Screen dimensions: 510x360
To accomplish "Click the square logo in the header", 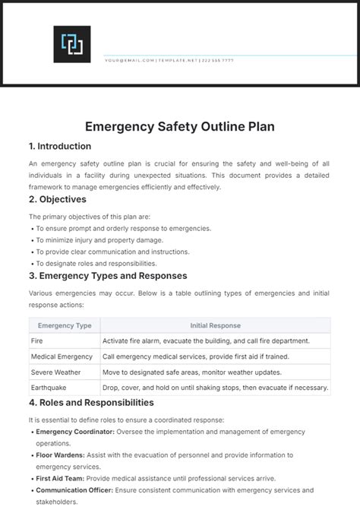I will tap(71, 44).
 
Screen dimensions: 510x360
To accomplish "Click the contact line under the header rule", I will tap(169, 60).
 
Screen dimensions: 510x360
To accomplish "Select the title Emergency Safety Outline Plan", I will tap(179, 127).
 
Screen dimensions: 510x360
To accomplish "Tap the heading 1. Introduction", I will tap(60, 146).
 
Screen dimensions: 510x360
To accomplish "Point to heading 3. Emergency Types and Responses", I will tap(108, 275).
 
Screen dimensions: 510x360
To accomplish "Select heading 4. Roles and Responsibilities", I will tap(91, 402).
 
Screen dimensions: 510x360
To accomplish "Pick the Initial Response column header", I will tap(215, 325).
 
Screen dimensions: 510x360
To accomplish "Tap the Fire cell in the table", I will tap(37, 341).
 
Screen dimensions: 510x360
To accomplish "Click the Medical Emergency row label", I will tap(62, 356).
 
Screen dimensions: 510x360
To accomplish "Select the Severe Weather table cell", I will tap(55, 372).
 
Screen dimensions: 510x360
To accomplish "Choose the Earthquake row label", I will tap(49, 388).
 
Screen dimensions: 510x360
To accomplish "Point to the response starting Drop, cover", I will tap(216, 388).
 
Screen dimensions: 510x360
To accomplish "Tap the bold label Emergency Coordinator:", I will tap(74, 431).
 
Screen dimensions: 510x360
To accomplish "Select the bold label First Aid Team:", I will tap(60, 478).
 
